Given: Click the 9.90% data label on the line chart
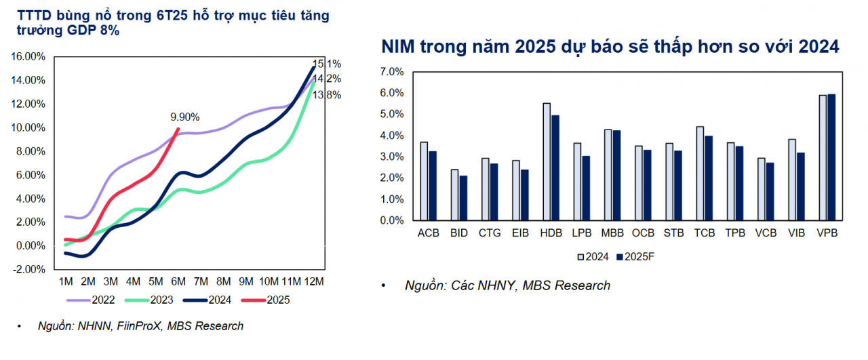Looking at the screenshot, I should pyautogui.click(x=184, y=117).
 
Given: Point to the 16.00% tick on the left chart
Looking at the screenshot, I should pyautogui.click(x=28, y=57).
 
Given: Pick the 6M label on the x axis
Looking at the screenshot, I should pyautogui.click(x=178, y=281).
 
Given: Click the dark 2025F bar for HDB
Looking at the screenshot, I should pyautogui.click(x=555, y=168).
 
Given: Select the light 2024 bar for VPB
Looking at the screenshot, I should pyautogui.click(x=823, y=158).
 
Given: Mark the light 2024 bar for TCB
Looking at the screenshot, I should pyautogui.click(x=700, y=174).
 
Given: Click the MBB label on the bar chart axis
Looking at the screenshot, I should pyautogui.click(x=612, y=234).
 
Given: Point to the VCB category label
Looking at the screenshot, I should pyautogui.click(x=766, y=234).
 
